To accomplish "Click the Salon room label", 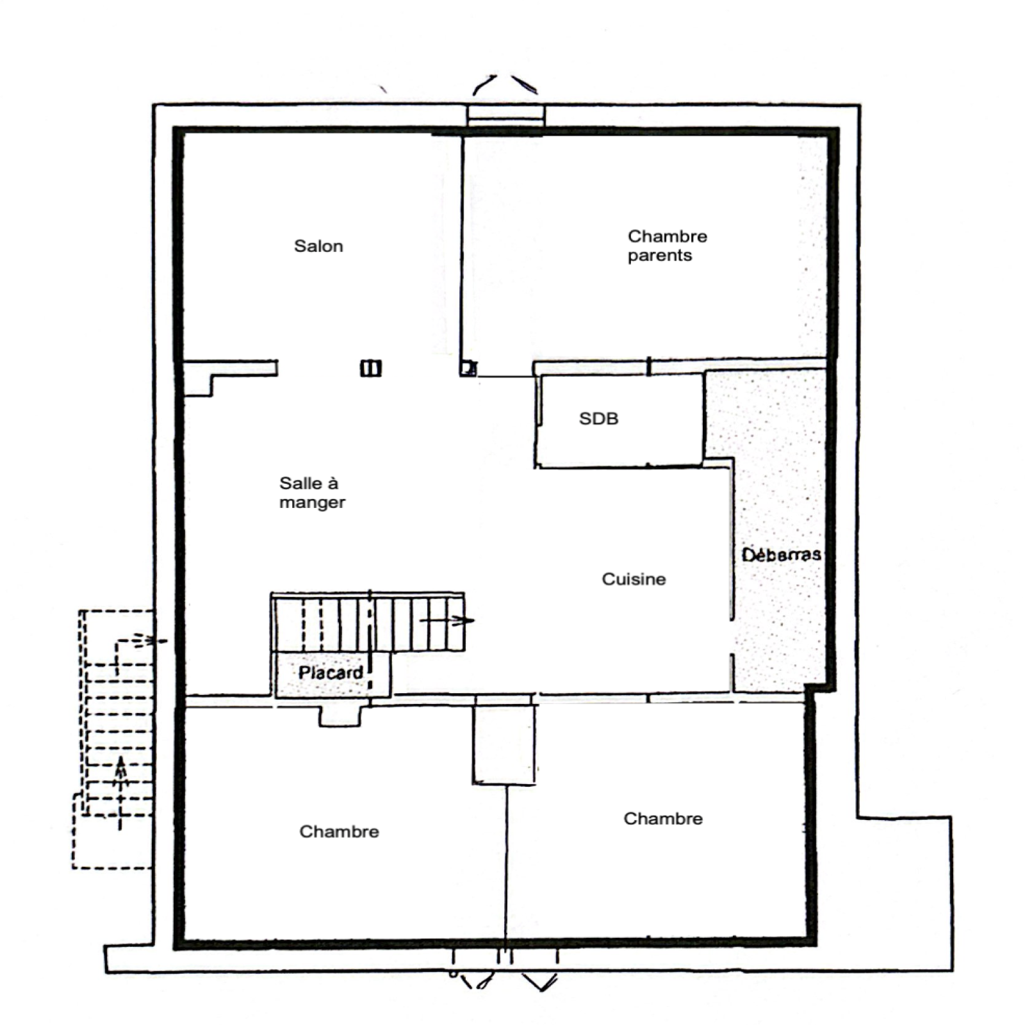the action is click(318, 246).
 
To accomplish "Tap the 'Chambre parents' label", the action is click(668, 246).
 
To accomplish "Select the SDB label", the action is click(598, 419).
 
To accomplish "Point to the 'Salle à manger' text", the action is click(312, 493).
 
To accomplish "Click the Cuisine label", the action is click(634, 579).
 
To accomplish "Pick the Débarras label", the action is click(781, 554).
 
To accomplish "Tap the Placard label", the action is click(331, 673).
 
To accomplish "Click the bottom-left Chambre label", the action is click(339, 832).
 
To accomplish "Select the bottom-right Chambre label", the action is click(663, 819).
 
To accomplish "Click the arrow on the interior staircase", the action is click(447, 619).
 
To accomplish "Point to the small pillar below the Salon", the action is click(371, 368).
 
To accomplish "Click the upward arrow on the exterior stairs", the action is click(120, 793).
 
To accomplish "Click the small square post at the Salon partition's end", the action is click(469, 368).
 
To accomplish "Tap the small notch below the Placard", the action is click(340, 716).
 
